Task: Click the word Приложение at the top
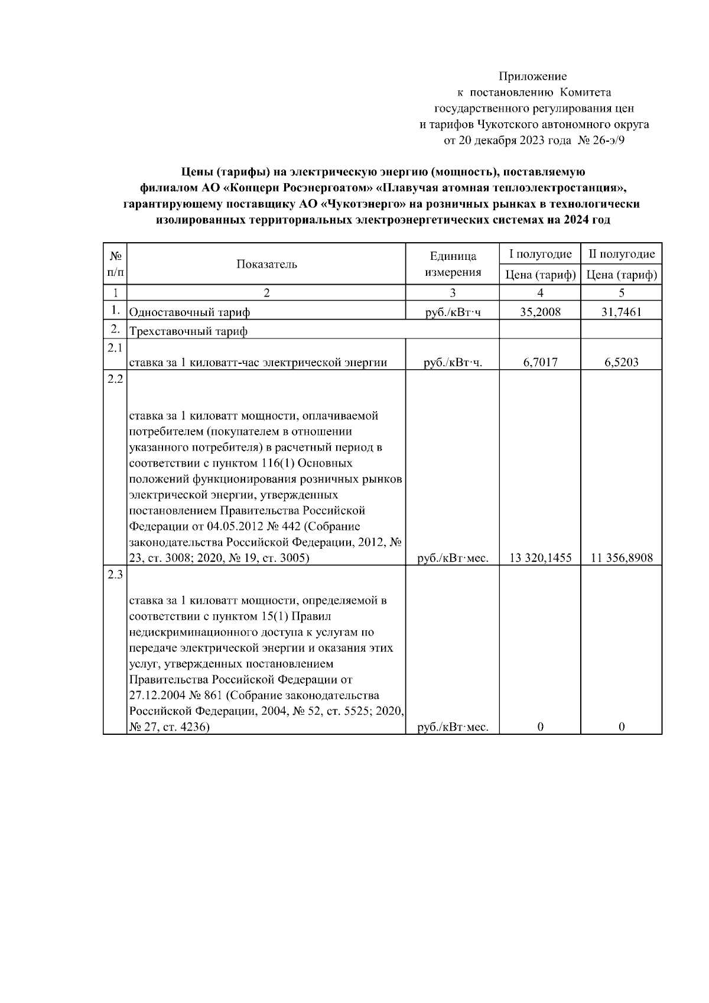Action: click(x=532, y=76)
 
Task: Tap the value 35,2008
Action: click(x=540, y=312)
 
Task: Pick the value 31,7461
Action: click(x=621, y=312)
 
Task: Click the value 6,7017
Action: click(x=540, y=363)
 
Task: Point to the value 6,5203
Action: click(x=621, y=363)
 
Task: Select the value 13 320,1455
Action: click(x=540, y=558)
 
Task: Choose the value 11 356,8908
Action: click(x=621, y=558)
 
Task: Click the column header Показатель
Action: click(x=266, y=264)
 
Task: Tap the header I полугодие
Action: click(x=540, y=254)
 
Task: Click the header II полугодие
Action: click(x=621, y=254)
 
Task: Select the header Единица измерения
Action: click(x=453, y=264)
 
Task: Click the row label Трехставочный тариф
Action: click(x=188, y=331)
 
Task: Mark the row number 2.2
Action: click(x=115, y=379)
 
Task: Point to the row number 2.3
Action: click(x=115, y=575)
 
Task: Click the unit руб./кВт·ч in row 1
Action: click(x=453, y=312)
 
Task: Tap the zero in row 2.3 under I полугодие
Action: click(x=540, y=727)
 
